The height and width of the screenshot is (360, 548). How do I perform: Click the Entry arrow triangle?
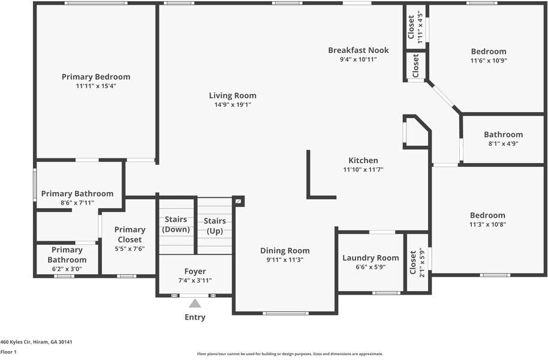[195, 304]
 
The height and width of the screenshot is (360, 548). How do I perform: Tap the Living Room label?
[233, 95]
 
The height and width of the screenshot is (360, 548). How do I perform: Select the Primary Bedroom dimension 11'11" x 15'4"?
[96, 86]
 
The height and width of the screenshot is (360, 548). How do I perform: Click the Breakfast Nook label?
[358, 50]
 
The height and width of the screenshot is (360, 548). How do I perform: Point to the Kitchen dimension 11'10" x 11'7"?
[363, 170]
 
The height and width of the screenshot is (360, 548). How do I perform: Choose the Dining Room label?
[285, 251]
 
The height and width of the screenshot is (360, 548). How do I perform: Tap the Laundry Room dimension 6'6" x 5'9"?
[371, 267]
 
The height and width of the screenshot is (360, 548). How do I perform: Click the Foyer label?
[195, 271]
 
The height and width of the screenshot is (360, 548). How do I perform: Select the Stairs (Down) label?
[176, 224]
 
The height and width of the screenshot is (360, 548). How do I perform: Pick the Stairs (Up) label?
[215, 226]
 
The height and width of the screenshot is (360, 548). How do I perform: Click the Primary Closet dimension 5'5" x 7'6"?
[130, 249]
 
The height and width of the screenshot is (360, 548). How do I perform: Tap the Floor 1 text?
[8, 352]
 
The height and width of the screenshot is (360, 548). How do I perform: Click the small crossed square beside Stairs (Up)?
[239, 201]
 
